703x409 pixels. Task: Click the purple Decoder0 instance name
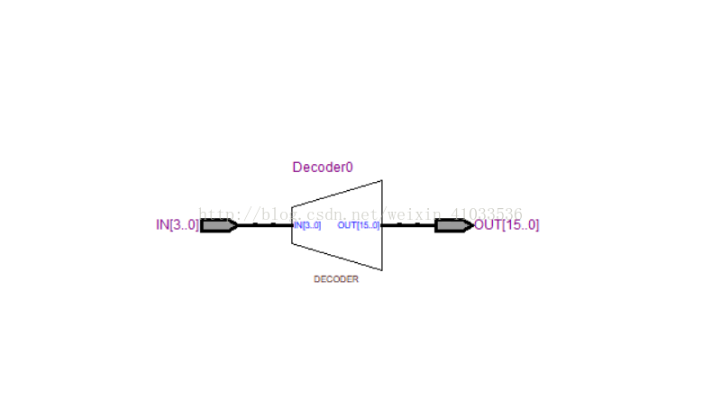point(323,168)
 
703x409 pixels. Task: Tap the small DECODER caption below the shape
point(335,279)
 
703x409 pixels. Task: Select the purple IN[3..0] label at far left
point(177,225)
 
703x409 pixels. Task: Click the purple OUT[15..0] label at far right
point(507,225)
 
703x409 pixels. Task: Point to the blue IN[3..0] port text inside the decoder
point(307,225)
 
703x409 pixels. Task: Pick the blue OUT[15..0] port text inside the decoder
point(359,225)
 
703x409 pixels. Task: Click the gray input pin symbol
point(217,225)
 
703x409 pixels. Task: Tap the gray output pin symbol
point(452,225)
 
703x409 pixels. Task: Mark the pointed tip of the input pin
point(237,225)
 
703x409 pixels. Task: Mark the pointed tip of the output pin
point(471,225)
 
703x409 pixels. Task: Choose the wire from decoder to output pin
point(408,225)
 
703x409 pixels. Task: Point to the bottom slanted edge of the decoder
point(336,257)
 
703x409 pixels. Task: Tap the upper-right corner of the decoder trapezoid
point(382,180)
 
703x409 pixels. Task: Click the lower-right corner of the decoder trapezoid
point(382,270)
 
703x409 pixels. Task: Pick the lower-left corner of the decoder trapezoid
point(291,242)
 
